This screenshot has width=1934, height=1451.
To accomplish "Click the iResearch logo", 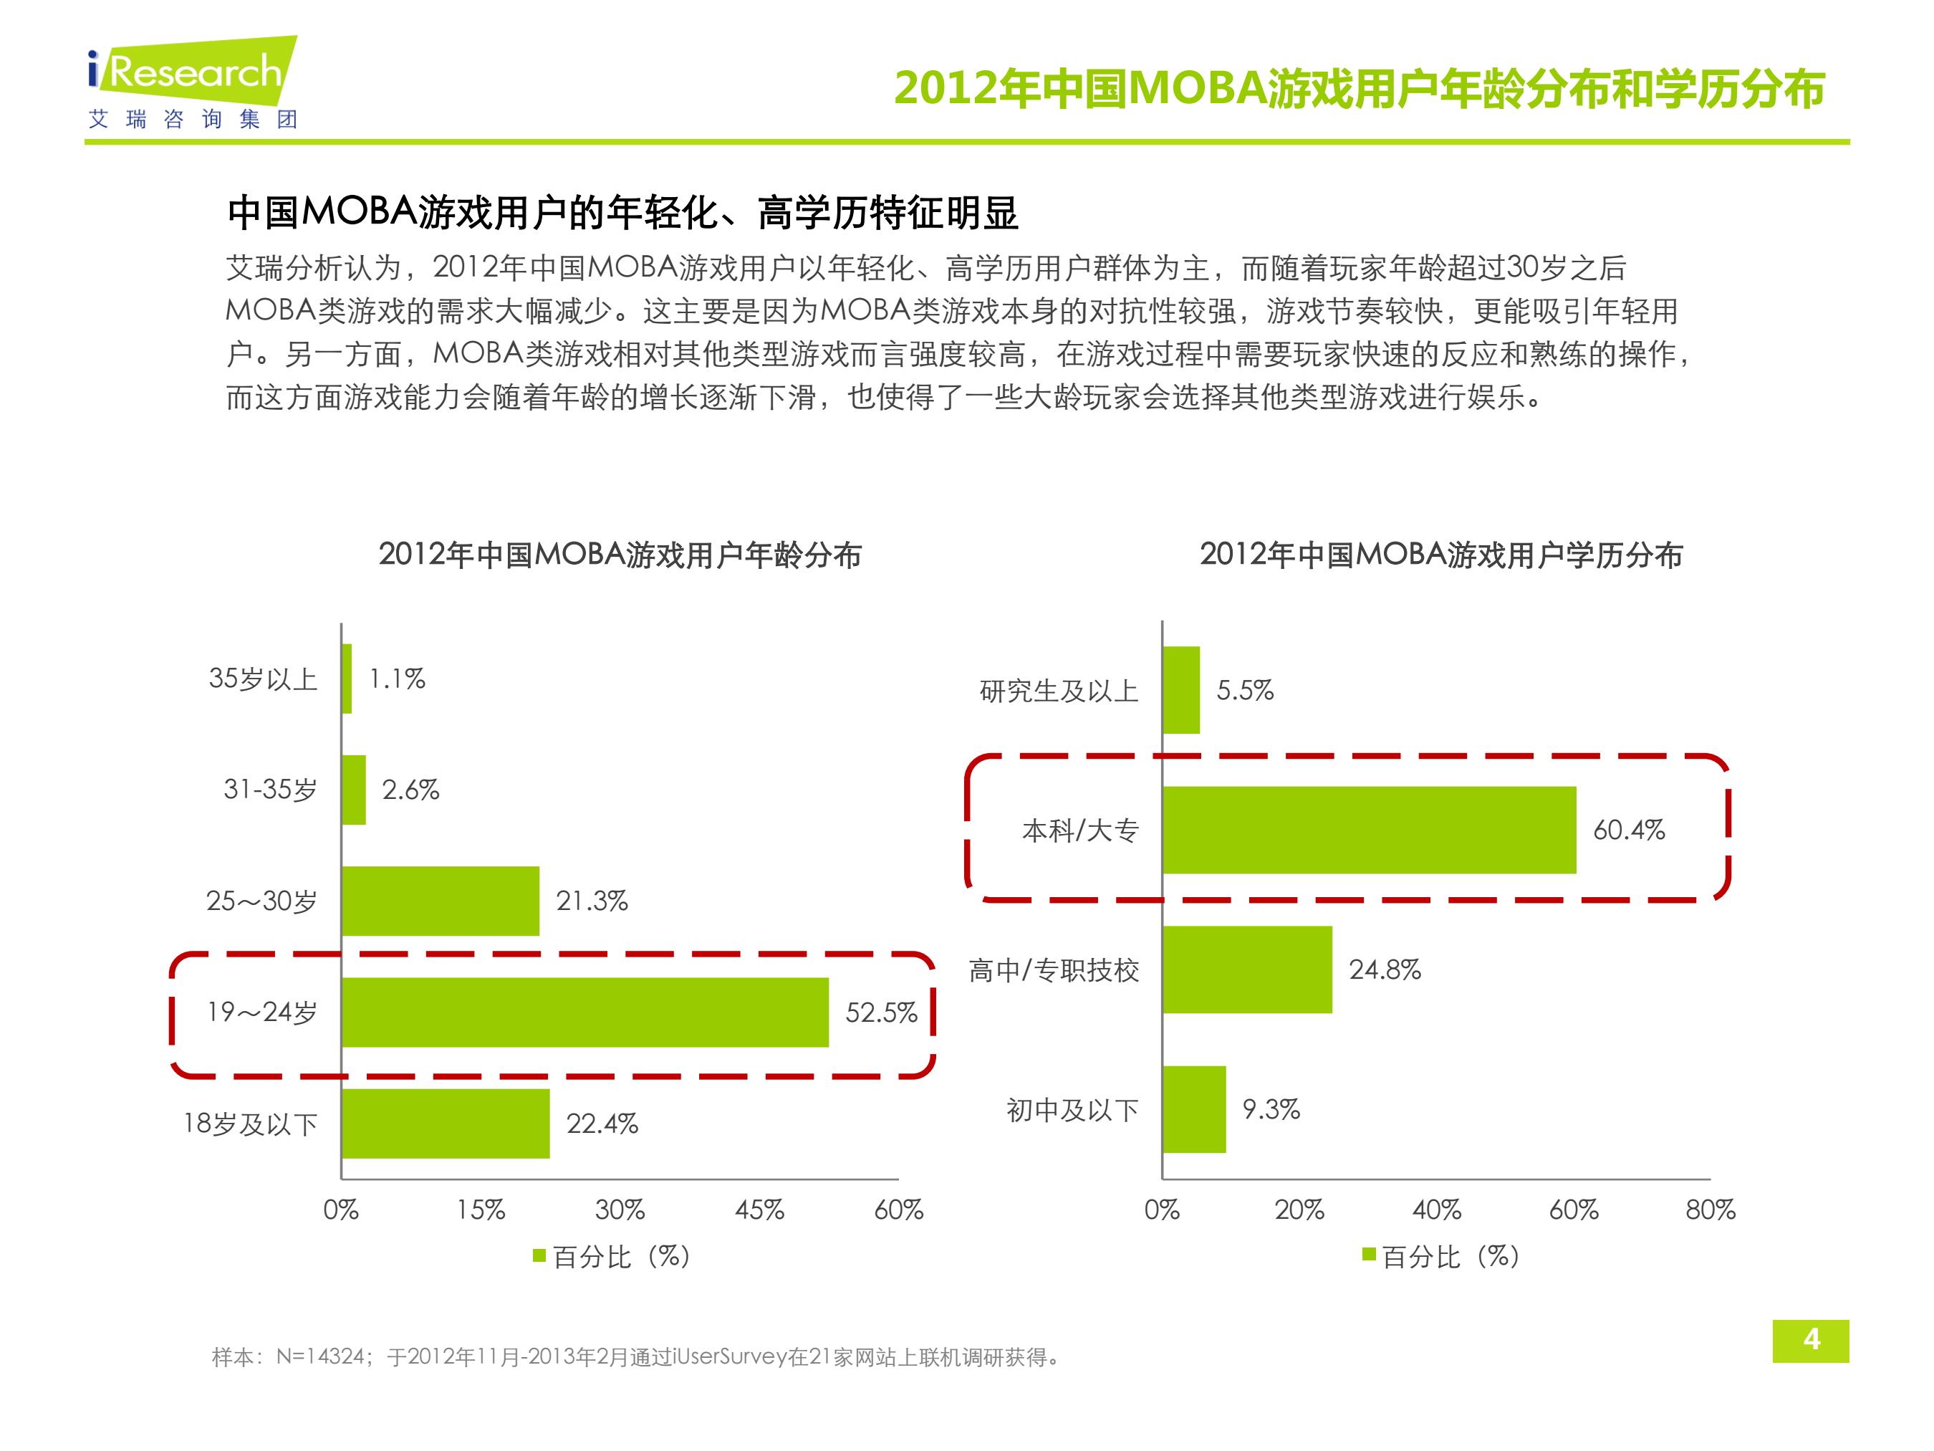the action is point(193,83).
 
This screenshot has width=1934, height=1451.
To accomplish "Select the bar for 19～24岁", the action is point(585,1012).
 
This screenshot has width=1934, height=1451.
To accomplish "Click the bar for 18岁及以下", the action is point(446,1123).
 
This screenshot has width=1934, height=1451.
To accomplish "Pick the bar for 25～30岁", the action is point(441,901).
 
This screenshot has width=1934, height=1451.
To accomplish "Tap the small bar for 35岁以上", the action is point(347,679).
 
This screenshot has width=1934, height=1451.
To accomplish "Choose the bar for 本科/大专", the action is point(1369,829).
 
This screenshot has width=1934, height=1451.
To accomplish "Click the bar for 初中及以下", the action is point(1194,1109).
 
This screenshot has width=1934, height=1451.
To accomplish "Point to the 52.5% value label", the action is point(881,1012).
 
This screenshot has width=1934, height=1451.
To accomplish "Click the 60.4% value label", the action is point(1629,829).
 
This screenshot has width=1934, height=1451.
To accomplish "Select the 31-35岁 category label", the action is point(270,790).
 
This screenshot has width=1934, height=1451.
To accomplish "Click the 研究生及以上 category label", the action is point(1059,691).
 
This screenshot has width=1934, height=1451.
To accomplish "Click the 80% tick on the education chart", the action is point(1711,1210).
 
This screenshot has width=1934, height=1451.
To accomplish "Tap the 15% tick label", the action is point(480,1210).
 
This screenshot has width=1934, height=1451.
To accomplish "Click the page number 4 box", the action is point(1811,1340).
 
